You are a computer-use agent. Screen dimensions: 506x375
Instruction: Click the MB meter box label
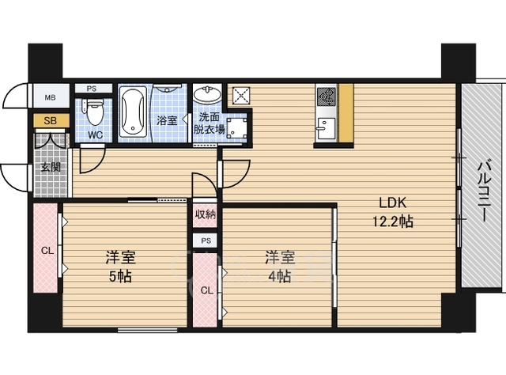(50, 97)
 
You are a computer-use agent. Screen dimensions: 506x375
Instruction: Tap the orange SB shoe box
(51, 120)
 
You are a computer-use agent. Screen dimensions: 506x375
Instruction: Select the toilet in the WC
(94, 112)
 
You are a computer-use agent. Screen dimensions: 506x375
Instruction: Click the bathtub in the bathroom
(133, 112)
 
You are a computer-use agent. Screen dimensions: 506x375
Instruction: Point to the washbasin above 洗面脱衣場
(207, 94)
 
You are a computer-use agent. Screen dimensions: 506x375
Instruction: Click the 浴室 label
(167, 120)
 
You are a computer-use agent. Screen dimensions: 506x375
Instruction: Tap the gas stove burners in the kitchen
(327, 97)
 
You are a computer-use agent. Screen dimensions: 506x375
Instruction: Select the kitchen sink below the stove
(326, 128)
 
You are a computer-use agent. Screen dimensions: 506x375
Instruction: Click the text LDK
(392, 203)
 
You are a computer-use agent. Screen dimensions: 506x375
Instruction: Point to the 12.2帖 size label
(393, 222)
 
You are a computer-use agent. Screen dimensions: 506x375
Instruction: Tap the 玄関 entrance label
(51, 167)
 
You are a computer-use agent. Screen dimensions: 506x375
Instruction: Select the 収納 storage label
(206, 214)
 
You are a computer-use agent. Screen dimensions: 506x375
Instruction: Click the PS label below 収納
(206, 241)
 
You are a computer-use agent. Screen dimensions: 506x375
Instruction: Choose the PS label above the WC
(92, 89)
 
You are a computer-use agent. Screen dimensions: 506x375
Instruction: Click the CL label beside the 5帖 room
(47, 250)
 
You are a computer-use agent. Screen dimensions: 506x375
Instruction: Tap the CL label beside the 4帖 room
(207, 290)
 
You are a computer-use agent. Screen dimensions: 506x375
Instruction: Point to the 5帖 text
(120, 276)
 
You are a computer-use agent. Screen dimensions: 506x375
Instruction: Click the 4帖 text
(279, 276)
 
